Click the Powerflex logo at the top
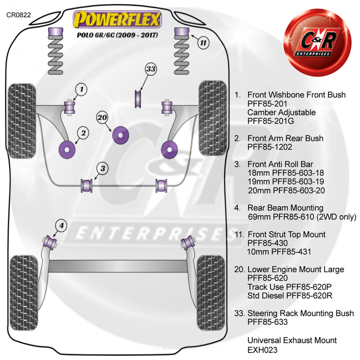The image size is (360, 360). point(117,19)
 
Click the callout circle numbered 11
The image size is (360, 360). point(203,43)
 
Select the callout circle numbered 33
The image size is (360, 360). point(151,69)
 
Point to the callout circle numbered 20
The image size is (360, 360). point(102,118)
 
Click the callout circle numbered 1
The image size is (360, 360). point(82,90)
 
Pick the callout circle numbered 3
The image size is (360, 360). point(102,168)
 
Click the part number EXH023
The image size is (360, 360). point(262,350)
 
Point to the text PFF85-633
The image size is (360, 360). point(267,322)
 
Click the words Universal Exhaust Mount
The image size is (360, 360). point(292,340)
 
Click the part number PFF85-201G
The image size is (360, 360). point(271,121)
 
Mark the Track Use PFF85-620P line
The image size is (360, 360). point(289,287)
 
